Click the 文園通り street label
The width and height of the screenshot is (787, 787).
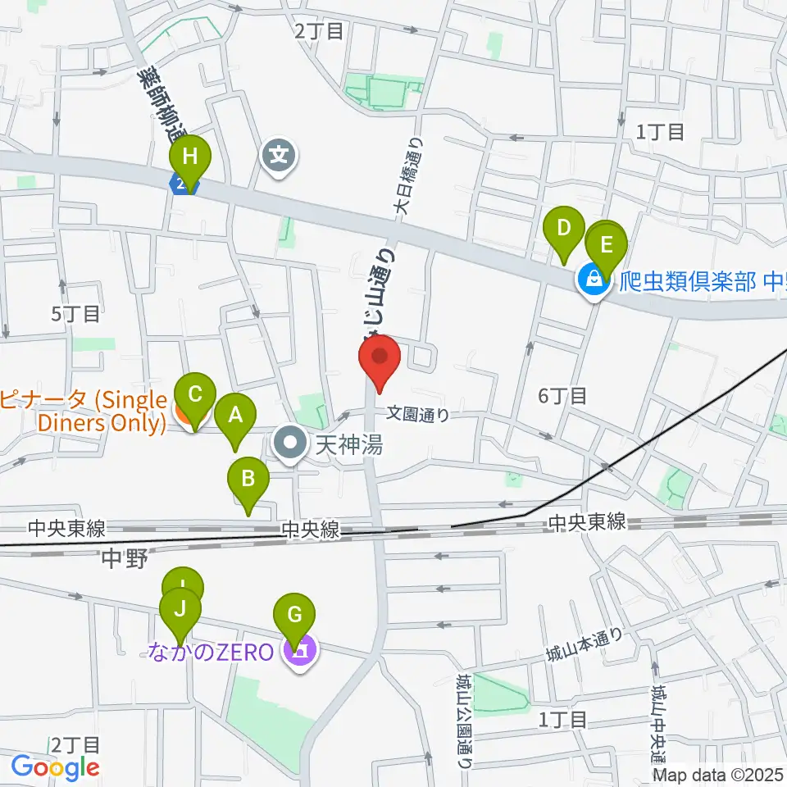[418, 415]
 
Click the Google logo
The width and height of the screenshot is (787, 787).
[56, 768]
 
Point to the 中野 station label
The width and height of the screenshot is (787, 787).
[124, 560]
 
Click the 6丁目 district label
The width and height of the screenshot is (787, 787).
[562, 396]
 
